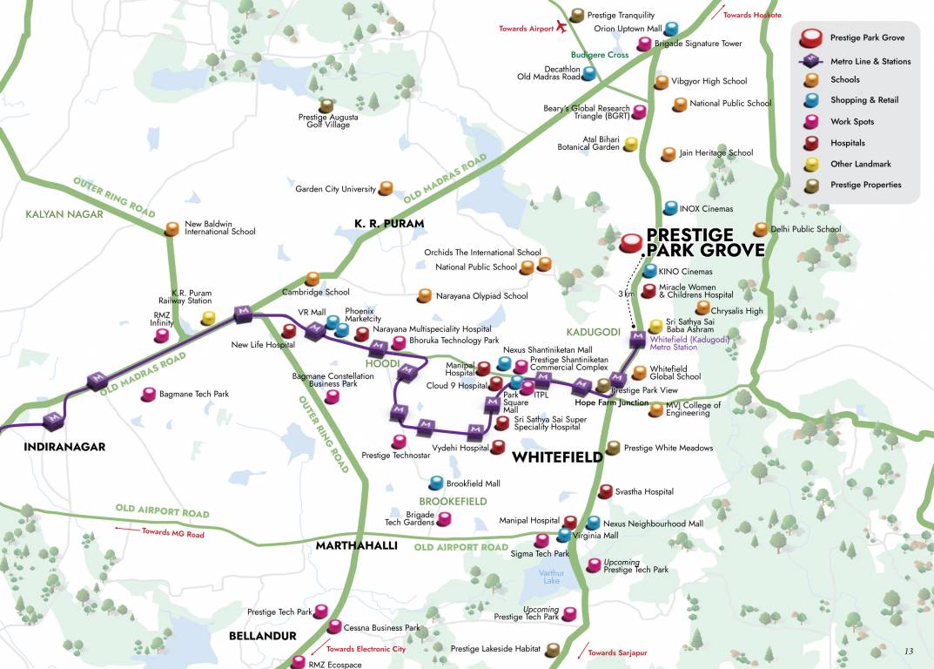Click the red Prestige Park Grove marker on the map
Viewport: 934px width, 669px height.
coord(634,240)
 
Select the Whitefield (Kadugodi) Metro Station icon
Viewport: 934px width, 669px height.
coord(638,337)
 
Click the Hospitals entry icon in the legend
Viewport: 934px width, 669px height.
coord(811,143)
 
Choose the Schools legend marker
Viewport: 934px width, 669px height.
coord(811,80)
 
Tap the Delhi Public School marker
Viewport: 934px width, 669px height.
coord(762,229)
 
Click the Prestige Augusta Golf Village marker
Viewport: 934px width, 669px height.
coord(326,105)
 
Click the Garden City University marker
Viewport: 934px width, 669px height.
coord(386,187)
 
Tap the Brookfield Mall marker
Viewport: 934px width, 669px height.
coord(436,483)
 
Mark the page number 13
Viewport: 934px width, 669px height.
coord(909,651)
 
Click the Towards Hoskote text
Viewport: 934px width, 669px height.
coord(752,15)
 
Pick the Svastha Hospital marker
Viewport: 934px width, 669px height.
coord(605,491)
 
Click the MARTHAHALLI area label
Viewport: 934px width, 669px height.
coord(357,545)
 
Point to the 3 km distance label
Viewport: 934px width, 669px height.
coord(625,294)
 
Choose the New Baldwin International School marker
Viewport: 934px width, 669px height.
coord(171,228)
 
